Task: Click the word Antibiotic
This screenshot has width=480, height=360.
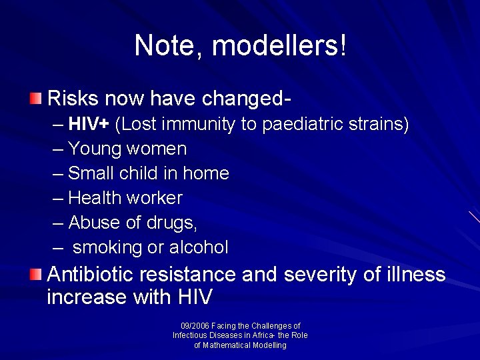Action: pyautogui.click(x=92, y=274)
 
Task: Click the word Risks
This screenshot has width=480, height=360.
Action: pyautogui.click(x=73, y=99)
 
